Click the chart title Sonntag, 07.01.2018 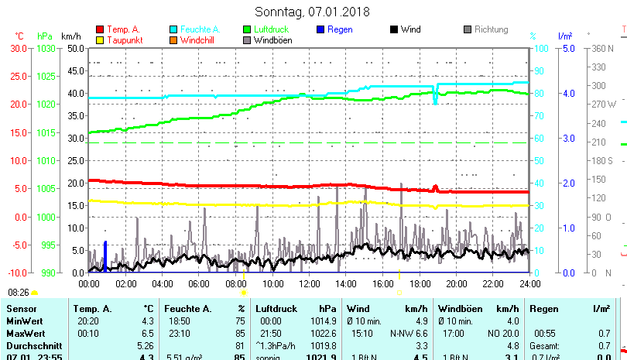[x=312, y=12]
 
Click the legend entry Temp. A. [x=123, y=29]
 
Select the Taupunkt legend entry [x=125, y=39]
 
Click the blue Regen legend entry [x=340, y=29]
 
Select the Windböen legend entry [x=272, y=39]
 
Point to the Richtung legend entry [x=491, y=29]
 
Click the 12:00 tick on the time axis [x=309, y=283]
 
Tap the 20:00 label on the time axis [x=456, y=283]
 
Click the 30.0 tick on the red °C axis [x=19, y=48]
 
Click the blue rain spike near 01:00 [x=105, y=255]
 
